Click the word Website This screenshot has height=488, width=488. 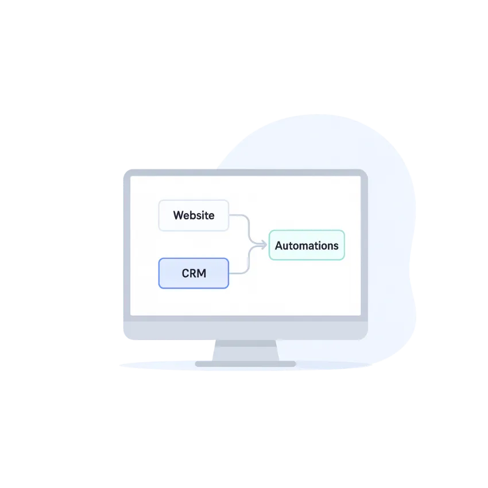tap(193, 216)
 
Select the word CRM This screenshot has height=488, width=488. tap(193, 273)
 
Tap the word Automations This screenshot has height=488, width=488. tap(307, 246)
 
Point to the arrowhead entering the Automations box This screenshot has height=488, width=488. tap(264, 245)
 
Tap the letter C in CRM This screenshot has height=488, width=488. tap(185, 273)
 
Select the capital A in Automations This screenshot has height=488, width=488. tap(279, 246)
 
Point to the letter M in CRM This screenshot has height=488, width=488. tap(202, 273)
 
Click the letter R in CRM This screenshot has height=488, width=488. tap(193, 273)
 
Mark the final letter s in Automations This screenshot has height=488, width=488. tap(336, 246)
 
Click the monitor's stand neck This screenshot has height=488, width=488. tap(245, 350)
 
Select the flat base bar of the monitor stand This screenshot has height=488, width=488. tap(245, 363)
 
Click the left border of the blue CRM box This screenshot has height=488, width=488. tap(159, 273)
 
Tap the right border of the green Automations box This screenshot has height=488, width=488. tap(344, 245)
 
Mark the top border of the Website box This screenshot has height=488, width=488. tap(193, 201)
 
